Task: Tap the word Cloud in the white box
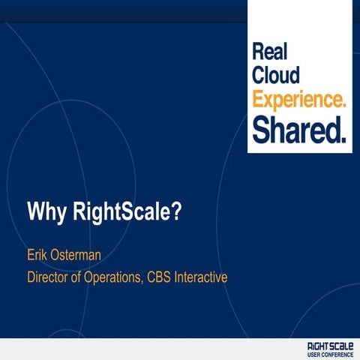[276, 76]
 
